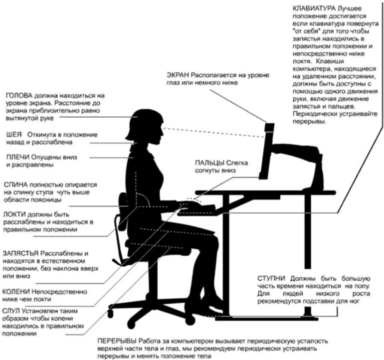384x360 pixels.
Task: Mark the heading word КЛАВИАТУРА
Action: pos(314,9)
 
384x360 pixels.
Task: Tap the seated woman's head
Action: pos(147,125)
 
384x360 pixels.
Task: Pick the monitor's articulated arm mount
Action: pos(299,150)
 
